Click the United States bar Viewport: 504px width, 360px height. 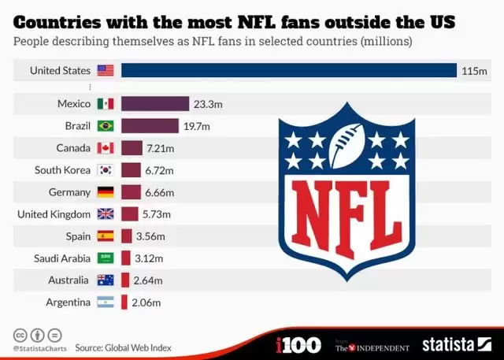[288, 71]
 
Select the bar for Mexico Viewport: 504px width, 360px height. [154, 104]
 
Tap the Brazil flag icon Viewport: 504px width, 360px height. [106, 126]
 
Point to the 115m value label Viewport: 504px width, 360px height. [474, 71]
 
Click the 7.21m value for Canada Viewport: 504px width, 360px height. [161, 148]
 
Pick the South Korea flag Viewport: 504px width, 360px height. [106, 170]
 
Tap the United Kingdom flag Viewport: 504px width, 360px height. [106, 214]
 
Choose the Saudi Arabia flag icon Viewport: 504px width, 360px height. [106, 258]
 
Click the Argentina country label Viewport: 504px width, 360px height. [66, 302]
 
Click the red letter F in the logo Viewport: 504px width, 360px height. [347, 213]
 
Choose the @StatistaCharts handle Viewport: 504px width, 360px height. [38, 347]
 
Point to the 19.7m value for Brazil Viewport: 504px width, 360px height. [197, 126]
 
